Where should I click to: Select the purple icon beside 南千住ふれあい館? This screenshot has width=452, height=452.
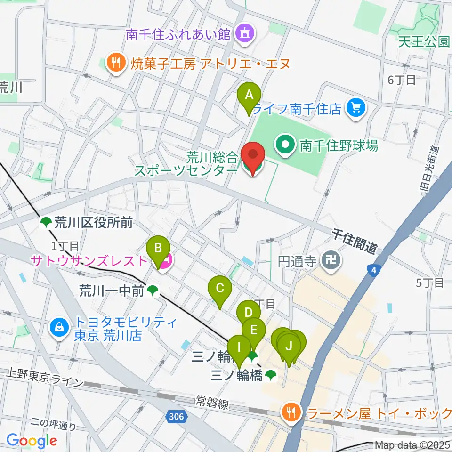coord(244,33)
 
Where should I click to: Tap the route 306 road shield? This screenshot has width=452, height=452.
coord(177,416)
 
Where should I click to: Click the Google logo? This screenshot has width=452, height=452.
coord(32,441)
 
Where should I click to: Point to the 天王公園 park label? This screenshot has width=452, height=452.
coord(423,42)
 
